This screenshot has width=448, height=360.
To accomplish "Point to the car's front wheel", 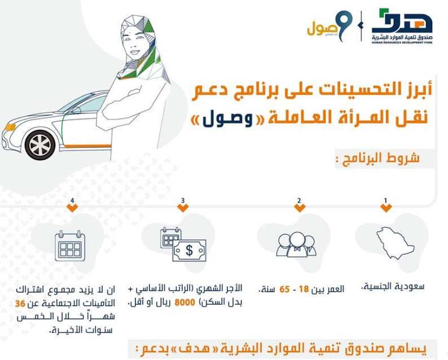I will [41, 143].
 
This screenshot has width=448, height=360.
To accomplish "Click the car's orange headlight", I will [9, 126].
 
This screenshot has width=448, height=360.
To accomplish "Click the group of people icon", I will [297, 244].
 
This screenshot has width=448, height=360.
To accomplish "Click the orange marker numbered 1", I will [386, 207].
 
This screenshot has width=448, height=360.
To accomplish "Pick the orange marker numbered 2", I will [299, 207].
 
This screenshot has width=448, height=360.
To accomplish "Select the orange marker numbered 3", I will [182, 207].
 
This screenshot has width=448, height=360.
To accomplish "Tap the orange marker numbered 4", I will [72, 207].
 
